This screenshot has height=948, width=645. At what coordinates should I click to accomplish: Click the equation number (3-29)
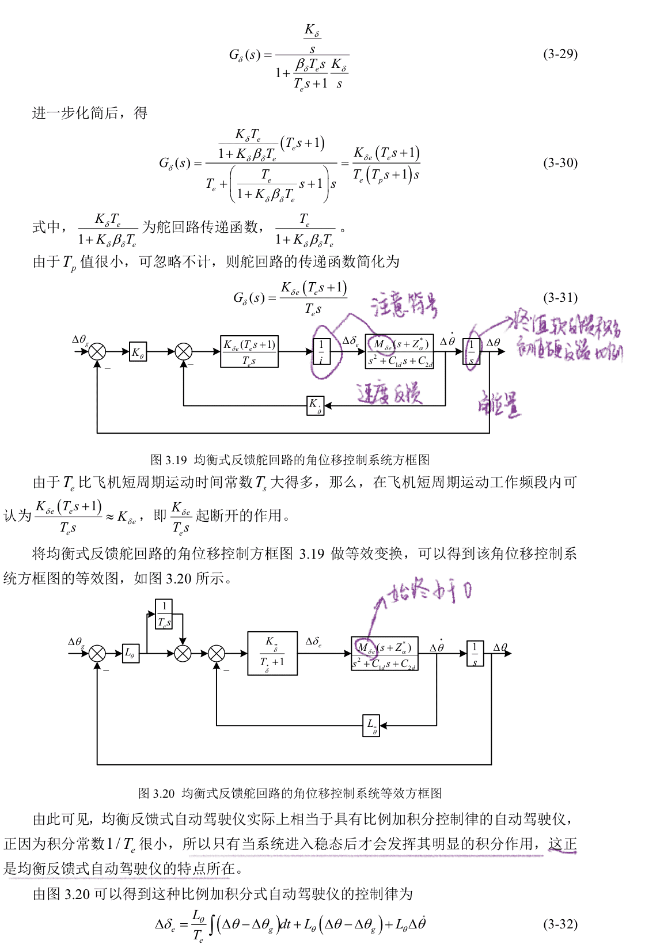coord(560,54)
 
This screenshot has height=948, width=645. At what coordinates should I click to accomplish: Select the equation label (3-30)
coord(560,163)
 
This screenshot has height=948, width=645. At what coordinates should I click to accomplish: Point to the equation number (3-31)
coord(560,298)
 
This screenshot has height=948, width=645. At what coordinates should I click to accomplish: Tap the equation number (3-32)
coord(560,924)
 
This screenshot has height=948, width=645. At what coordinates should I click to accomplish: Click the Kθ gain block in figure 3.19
coord(138,352)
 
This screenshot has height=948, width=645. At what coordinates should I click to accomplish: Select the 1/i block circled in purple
coord(321,351)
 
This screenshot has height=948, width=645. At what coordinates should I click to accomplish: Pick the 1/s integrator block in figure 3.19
coord(472,352)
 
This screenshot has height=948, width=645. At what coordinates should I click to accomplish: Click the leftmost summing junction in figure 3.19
coord(97,351)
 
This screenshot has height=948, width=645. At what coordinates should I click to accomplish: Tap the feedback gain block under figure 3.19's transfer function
coord(315,405)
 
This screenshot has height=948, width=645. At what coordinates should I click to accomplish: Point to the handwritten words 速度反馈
coord(389,393)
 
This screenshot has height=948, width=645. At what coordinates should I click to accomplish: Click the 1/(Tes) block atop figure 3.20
coord(164,614)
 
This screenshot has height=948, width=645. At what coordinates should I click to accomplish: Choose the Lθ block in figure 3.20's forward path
coord(131,653)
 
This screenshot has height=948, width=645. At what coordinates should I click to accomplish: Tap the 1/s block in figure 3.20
coord(475,654)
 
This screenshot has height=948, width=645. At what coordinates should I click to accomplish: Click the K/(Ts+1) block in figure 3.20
coord(272,653)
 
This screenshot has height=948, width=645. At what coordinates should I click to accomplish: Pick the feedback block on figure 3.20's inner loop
coord(372,725)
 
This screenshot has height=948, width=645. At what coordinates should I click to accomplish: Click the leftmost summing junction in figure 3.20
coord(97,653)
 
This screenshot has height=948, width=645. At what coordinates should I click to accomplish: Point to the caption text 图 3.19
coord(168,460)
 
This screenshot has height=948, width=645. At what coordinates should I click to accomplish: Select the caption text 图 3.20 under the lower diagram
coord(156,793)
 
